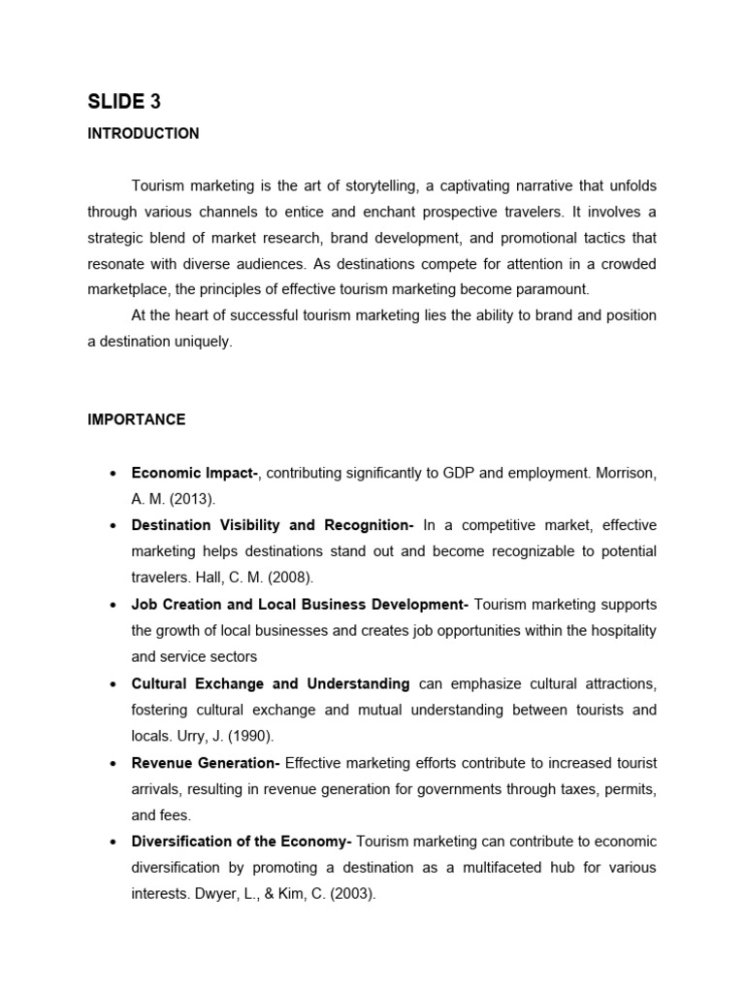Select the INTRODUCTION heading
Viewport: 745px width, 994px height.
(x=143, y=134)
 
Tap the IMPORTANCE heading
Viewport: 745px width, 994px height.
(x=136, y=420)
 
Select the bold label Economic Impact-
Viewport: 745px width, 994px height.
(x=194, y=473)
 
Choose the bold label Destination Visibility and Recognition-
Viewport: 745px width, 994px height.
(x=273, y=525)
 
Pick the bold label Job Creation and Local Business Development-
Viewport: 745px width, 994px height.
(x=300, y=604)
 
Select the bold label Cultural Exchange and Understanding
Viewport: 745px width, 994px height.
(x=270, y=683)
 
